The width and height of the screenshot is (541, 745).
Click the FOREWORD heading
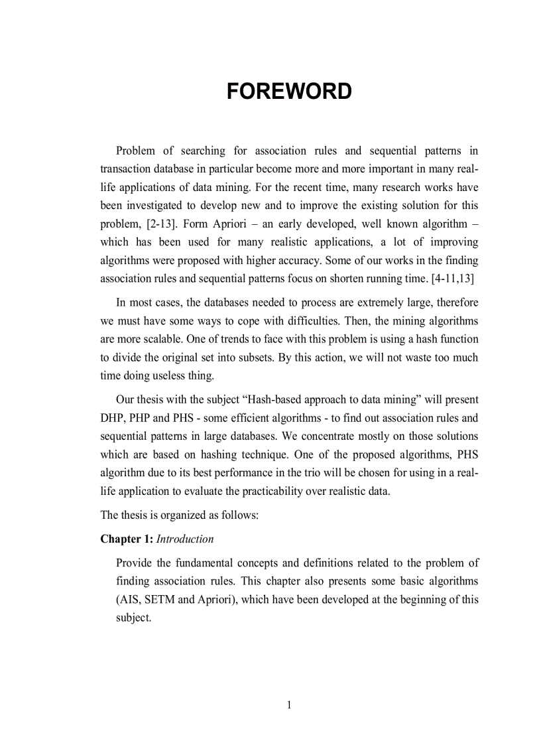click(289, 92)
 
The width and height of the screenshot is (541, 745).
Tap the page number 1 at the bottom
click(289, 705)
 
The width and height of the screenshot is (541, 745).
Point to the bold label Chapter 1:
click(127, 539)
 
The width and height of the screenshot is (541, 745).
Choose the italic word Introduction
click(185, 539)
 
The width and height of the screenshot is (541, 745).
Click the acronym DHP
click(112, 418)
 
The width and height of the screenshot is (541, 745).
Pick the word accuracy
click(299, 261)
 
